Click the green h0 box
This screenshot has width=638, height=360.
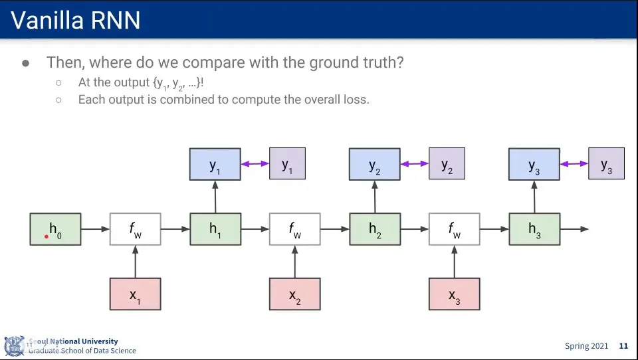[55, 229]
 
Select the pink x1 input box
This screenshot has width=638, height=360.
[135, 294]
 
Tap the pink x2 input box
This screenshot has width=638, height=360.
[294, 294]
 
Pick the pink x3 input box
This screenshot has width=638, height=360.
[454, 294]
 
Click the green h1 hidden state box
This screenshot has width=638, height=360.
[215, 229]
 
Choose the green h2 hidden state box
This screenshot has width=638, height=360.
[375, 229]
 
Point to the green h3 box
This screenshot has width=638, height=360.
[534, 229]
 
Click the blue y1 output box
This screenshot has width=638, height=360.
[215, 164]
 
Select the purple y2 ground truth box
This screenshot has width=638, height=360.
[447, 163]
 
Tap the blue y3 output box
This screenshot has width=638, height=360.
[534, 164]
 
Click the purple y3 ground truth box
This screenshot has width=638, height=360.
[606, 163]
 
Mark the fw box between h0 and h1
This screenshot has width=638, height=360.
[135, 229]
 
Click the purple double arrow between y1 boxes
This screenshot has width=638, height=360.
[255, 164]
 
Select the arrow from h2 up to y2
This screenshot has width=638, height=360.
[375, 197]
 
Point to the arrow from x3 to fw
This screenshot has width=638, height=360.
[455, 262]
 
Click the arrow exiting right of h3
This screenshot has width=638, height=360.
[574, 229]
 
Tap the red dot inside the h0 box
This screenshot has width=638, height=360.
[47, 236]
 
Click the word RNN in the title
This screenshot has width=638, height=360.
[116, 21]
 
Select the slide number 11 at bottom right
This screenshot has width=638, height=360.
[623, 346]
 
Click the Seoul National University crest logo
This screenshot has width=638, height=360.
[14, 346]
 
